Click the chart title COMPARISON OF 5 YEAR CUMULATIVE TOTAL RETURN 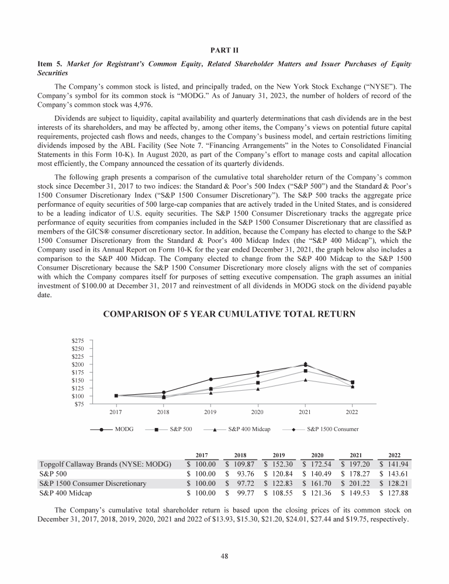229,315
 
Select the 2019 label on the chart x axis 210,412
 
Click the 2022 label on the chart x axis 352,412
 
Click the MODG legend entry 124,429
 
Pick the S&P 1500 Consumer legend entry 332,429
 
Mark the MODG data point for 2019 210,380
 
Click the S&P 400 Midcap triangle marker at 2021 305,380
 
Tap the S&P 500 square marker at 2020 257,383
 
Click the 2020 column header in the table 317,453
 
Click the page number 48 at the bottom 224,555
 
